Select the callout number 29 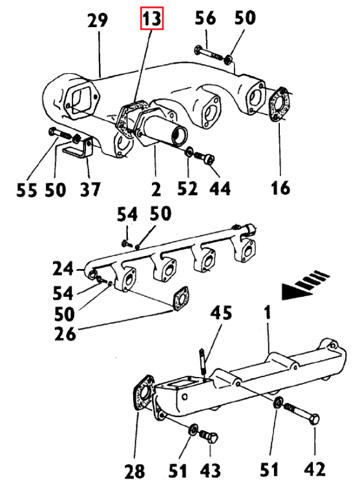[x=98, y=21]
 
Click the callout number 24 [x=63, y=267]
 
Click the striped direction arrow [x=304, y=285]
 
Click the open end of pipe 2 [x=178, y=136]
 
